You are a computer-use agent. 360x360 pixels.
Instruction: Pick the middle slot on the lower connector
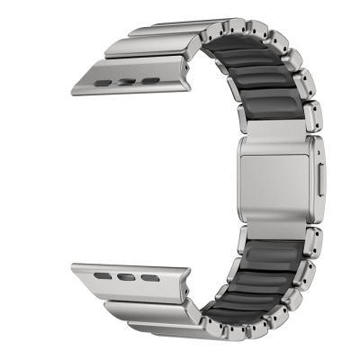click(136, 280)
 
